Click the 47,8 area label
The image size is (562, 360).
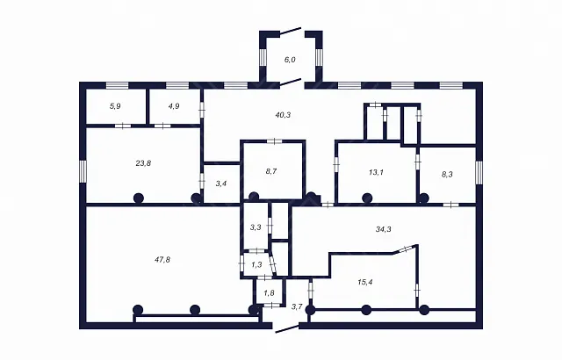pos(162,260)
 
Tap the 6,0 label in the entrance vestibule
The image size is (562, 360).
pos(290,60)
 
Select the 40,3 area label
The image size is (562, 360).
pos(283,115)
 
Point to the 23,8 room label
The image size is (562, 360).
pos(143,163)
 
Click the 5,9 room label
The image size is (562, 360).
pos(115,106)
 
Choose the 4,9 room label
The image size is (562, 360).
pos(174,106)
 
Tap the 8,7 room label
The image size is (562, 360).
pos(271,171)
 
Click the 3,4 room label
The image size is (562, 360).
pos(221,184)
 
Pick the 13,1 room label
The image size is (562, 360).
pos(376,172)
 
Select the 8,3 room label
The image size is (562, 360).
pos(447,175)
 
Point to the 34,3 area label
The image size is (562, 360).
pos(384,229)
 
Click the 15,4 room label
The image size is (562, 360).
pos(365,282)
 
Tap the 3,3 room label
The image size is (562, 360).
pos(256,227)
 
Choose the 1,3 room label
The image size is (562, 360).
pos(256,265)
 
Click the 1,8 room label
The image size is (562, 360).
pos(270,293)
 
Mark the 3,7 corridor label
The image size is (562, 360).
pos(297,306)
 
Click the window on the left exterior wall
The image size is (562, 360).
pos(83,171)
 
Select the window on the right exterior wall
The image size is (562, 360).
pos(479,173)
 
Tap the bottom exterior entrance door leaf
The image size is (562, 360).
pos(287,329)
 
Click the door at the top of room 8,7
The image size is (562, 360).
pos(275,140)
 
